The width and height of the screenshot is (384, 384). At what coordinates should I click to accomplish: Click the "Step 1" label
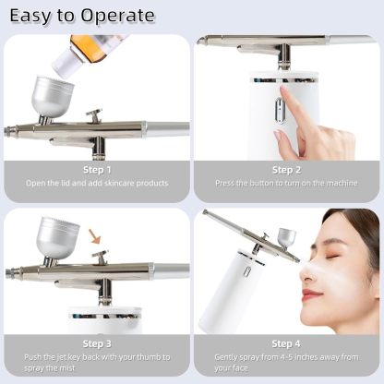(96, 169)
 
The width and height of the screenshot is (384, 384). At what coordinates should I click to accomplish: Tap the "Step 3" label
(96, 343)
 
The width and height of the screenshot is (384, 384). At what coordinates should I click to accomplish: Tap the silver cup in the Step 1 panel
(52, 96)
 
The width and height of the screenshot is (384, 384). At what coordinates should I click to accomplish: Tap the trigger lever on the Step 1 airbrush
(94, 116)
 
